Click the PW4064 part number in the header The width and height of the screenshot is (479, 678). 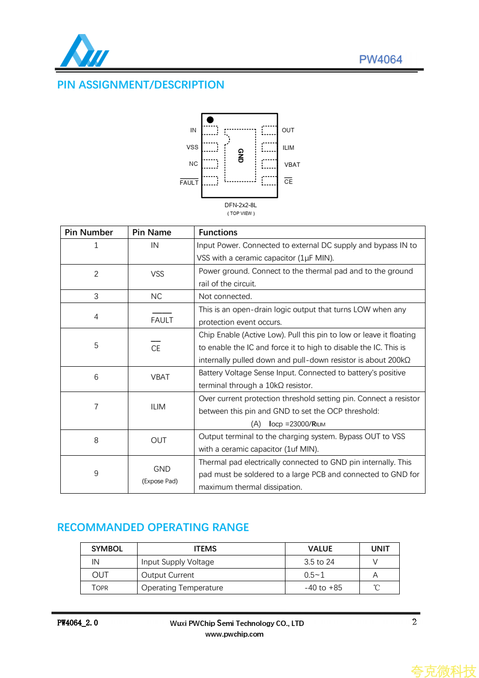point(380,59)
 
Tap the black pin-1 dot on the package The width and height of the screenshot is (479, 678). point(210,120)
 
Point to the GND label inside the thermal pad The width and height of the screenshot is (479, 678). point(240,156)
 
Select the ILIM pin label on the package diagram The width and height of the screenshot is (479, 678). point(288,148)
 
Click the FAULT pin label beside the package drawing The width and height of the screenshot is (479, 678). point(189,183)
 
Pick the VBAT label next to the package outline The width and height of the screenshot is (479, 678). point(292,165)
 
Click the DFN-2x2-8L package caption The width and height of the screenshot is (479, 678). point(241,205)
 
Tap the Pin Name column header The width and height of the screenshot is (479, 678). point(152,232)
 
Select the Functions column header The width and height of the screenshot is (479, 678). point(218,232)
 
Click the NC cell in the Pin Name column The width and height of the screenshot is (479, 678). point(156,297)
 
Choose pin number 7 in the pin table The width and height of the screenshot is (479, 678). point(96,407)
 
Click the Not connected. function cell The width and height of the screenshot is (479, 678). point(225,297)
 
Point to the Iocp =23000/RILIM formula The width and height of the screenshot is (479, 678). point(297,424)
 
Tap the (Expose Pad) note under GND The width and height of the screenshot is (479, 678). point(160,482)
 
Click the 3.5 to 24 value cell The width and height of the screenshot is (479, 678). point(319,562)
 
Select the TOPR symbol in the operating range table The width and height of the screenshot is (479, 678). point(100,588)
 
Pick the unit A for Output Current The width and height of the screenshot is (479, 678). point(375,575)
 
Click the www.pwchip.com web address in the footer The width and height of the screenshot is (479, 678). point(234,634)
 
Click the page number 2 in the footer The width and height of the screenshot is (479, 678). point(414,622)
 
